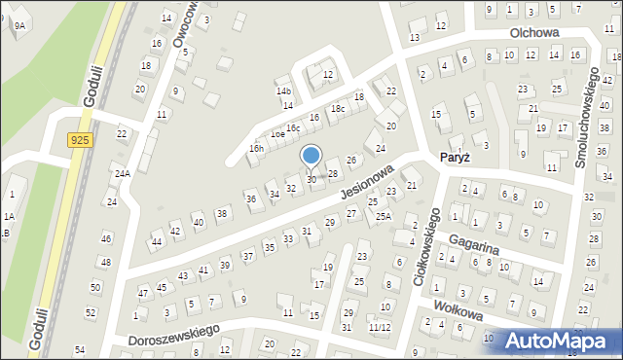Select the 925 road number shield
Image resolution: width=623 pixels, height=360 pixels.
tap(81, 141)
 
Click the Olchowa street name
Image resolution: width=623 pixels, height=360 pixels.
tap(534, 32)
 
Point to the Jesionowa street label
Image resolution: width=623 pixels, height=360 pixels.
tap(367, 182)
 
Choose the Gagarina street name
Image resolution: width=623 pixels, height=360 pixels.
tap(473, 243)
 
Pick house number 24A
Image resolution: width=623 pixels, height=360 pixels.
tap(122, 174)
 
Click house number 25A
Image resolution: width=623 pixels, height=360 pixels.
tap(385, 216)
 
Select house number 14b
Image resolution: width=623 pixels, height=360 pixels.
tap(283, 90)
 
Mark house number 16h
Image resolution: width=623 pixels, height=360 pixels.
tap(256, 148)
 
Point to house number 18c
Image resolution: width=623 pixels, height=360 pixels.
tap(337, 109)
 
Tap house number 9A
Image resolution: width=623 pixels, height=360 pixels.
tap(19, 26)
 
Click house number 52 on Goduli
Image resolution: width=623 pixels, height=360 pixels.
tap(91, 312)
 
